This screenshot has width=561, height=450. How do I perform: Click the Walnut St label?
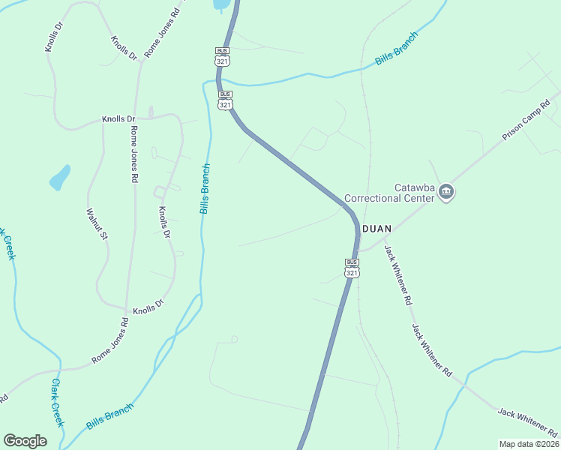[x=97, y=224]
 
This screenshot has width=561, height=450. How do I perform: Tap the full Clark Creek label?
[x=56, y=403]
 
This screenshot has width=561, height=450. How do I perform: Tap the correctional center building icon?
[x=447, y=193]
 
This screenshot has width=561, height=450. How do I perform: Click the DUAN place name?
[x=377, y=228]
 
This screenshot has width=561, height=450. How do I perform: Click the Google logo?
[x=25, y=441]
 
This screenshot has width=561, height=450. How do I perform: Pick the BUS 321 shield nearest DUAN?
[x=352, y=268]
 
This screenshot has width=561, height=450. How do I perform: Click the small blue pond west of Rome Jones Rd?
[x=59, y=178]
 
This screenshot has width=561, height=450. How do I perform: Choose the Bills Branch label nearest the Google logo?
[x=109, y=416]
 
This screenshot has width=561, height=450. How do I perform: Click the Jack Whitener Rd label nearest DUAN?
[x=398, y=274]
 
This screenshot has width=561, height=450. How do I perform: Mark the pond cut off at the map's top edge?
[x=222, y=4]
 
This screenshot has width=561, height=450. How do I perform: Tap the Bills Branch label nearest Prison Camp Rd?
[x=397, y=52]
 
